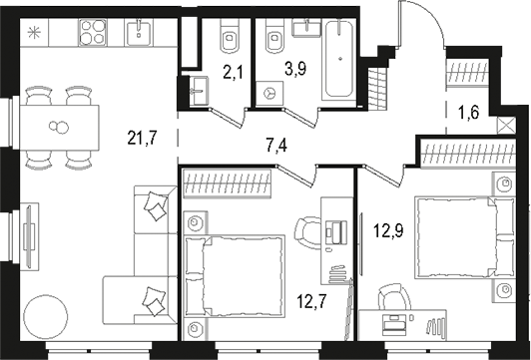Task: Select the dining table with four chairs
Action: (x=60, y=127)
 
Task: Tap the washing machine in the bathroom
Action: (x=270, y=90)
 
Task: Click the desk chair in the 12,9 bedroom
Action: (x=390, y=300)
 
